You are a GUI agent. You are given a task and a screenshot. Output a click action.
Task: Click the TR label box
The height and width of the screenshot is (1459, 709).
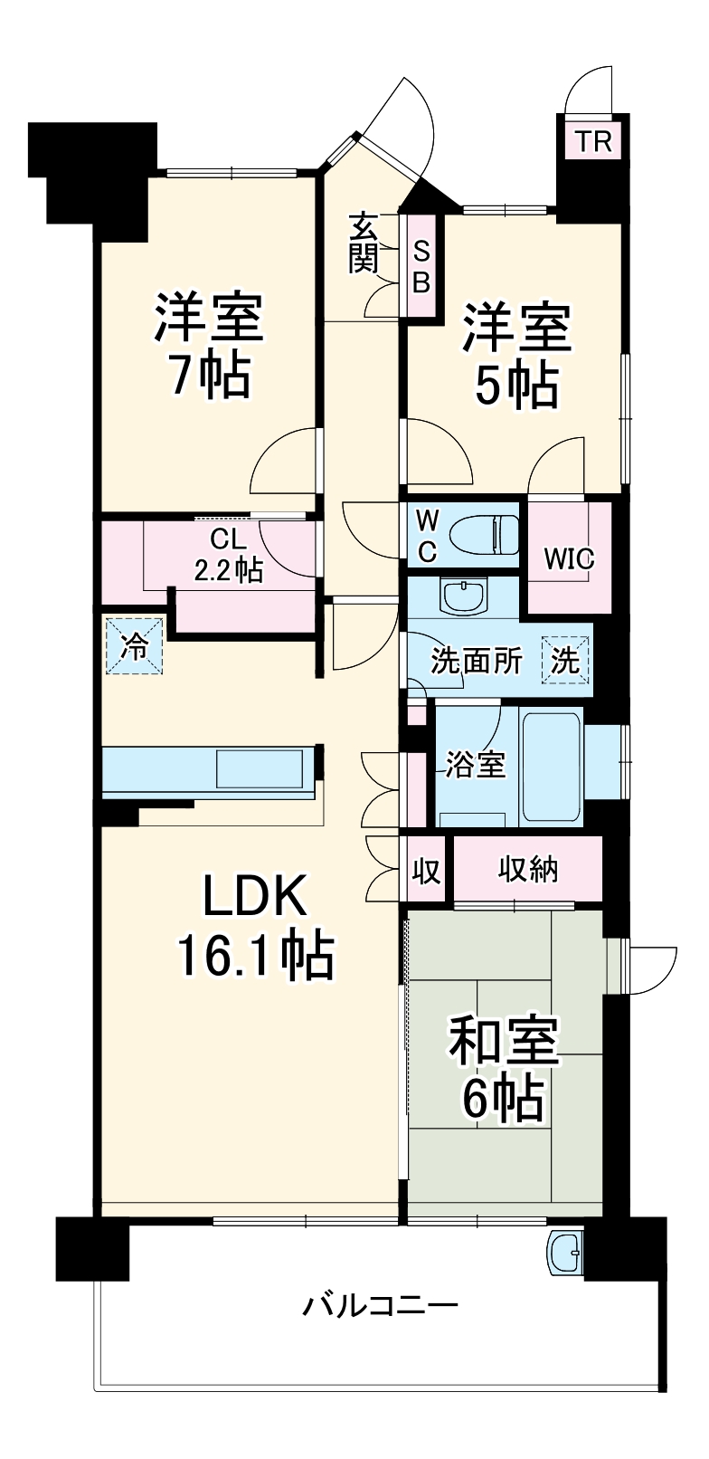(593, 141)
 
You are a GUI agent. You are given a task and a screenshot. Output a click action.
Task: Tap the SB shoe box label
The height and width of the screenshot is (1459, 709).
(421, 266)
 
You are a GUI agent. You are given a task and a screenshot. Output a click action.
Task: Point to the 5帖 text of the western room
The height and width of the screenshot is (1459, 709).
(516, 386)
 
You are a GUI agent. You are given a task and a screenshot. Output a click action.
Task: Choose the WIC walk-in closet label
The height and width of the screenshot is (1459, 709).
(569, 558)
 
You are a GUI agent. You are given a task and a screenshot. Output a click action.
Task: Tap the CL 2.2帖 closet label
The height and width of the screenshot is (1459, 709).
(228, 554)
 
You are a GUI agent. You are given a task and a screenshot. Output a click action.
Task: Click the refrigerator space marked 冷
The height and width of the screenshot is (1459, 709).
(135, 646)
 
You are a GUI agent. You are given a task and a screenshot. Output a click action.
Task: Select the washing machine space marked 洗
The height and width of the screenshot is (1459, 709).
(565, 660)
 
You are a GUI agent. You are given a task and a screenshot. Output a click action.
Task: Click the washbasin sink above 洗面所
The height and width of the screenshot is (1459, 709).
(463, 596)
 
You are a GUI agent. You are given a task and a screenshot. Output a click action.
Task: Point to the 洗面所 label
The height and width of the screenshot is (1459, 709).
(476, 661)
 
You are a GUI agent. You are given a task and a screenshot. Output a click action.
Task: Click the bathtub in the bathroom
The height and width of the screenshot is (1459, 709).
(553, 765)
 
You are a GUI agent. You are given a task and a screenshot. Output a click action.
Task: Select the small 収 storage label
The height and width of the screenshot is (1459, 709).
(426, 871)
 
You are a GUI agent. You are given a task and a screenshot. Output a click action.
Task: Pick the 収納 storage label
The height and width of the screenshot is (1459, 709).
(528, 870)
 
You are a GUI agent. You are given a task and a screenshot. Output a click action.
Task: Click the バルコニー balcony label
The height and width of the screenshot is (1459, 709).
(380, 1306)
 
